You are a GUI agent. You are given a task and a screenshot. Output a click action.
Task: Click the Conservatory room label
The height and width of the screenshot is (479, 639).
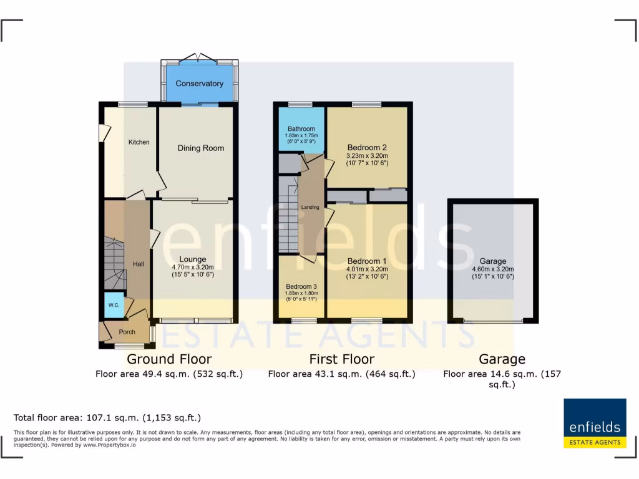(x=199, y=84)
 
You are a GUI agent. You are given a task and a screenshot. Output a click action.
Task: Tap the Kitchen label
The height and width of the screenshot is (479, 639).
(x=139, y=142)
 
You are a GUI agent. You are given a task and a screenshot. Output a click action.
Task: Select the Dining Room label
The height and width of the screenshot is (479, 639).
(x=200, y=148)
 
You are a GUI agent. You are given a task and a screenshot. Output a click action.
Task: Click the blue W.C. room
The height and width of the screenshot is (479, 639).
(x=114, y=305)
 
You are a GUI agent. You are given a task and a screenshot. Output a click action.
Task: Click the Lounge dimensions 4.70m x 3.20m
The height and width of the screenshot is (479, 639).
(x=193, y=267)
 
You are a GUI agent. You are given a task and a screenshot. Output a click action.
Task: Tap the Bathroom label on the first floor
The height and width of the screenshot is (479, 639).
(x=301, y=129)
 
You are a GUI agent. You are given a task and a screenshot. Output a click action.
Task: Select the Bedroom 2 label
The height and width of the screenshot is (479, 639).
(x=368, y=148)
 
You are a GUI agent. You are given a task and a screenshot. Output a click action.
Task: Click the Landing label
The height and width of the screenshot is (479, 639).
(x=310, y=207)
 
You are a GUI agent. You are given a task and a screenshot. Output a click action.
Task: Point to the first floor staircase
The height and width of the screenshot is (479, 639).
(x=288, y=221)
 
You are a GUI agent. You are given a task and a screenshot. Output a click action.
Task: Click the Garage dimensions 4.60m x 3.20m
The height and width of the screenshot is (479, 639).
(x=492, y=269)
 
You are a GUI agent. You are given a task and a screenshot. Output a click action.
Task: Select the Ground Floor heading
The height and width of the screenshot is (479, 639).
(x=169, y=359)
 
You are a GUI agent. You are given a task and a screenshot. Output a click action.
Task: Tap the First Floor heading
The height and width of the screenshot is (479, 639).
(x=342, y=359)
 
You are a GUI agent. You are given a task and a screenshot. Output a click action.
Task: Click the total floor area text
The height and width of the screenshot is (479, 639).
(x=107, y=418)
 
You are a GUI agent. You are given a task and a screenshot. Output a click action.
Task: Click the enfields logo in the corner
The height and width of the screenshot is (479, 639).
(x=595, y=423)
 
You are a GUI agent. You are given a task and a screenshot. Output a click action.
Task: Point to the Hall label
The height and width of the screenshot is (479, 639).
(x=139, y=264)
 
